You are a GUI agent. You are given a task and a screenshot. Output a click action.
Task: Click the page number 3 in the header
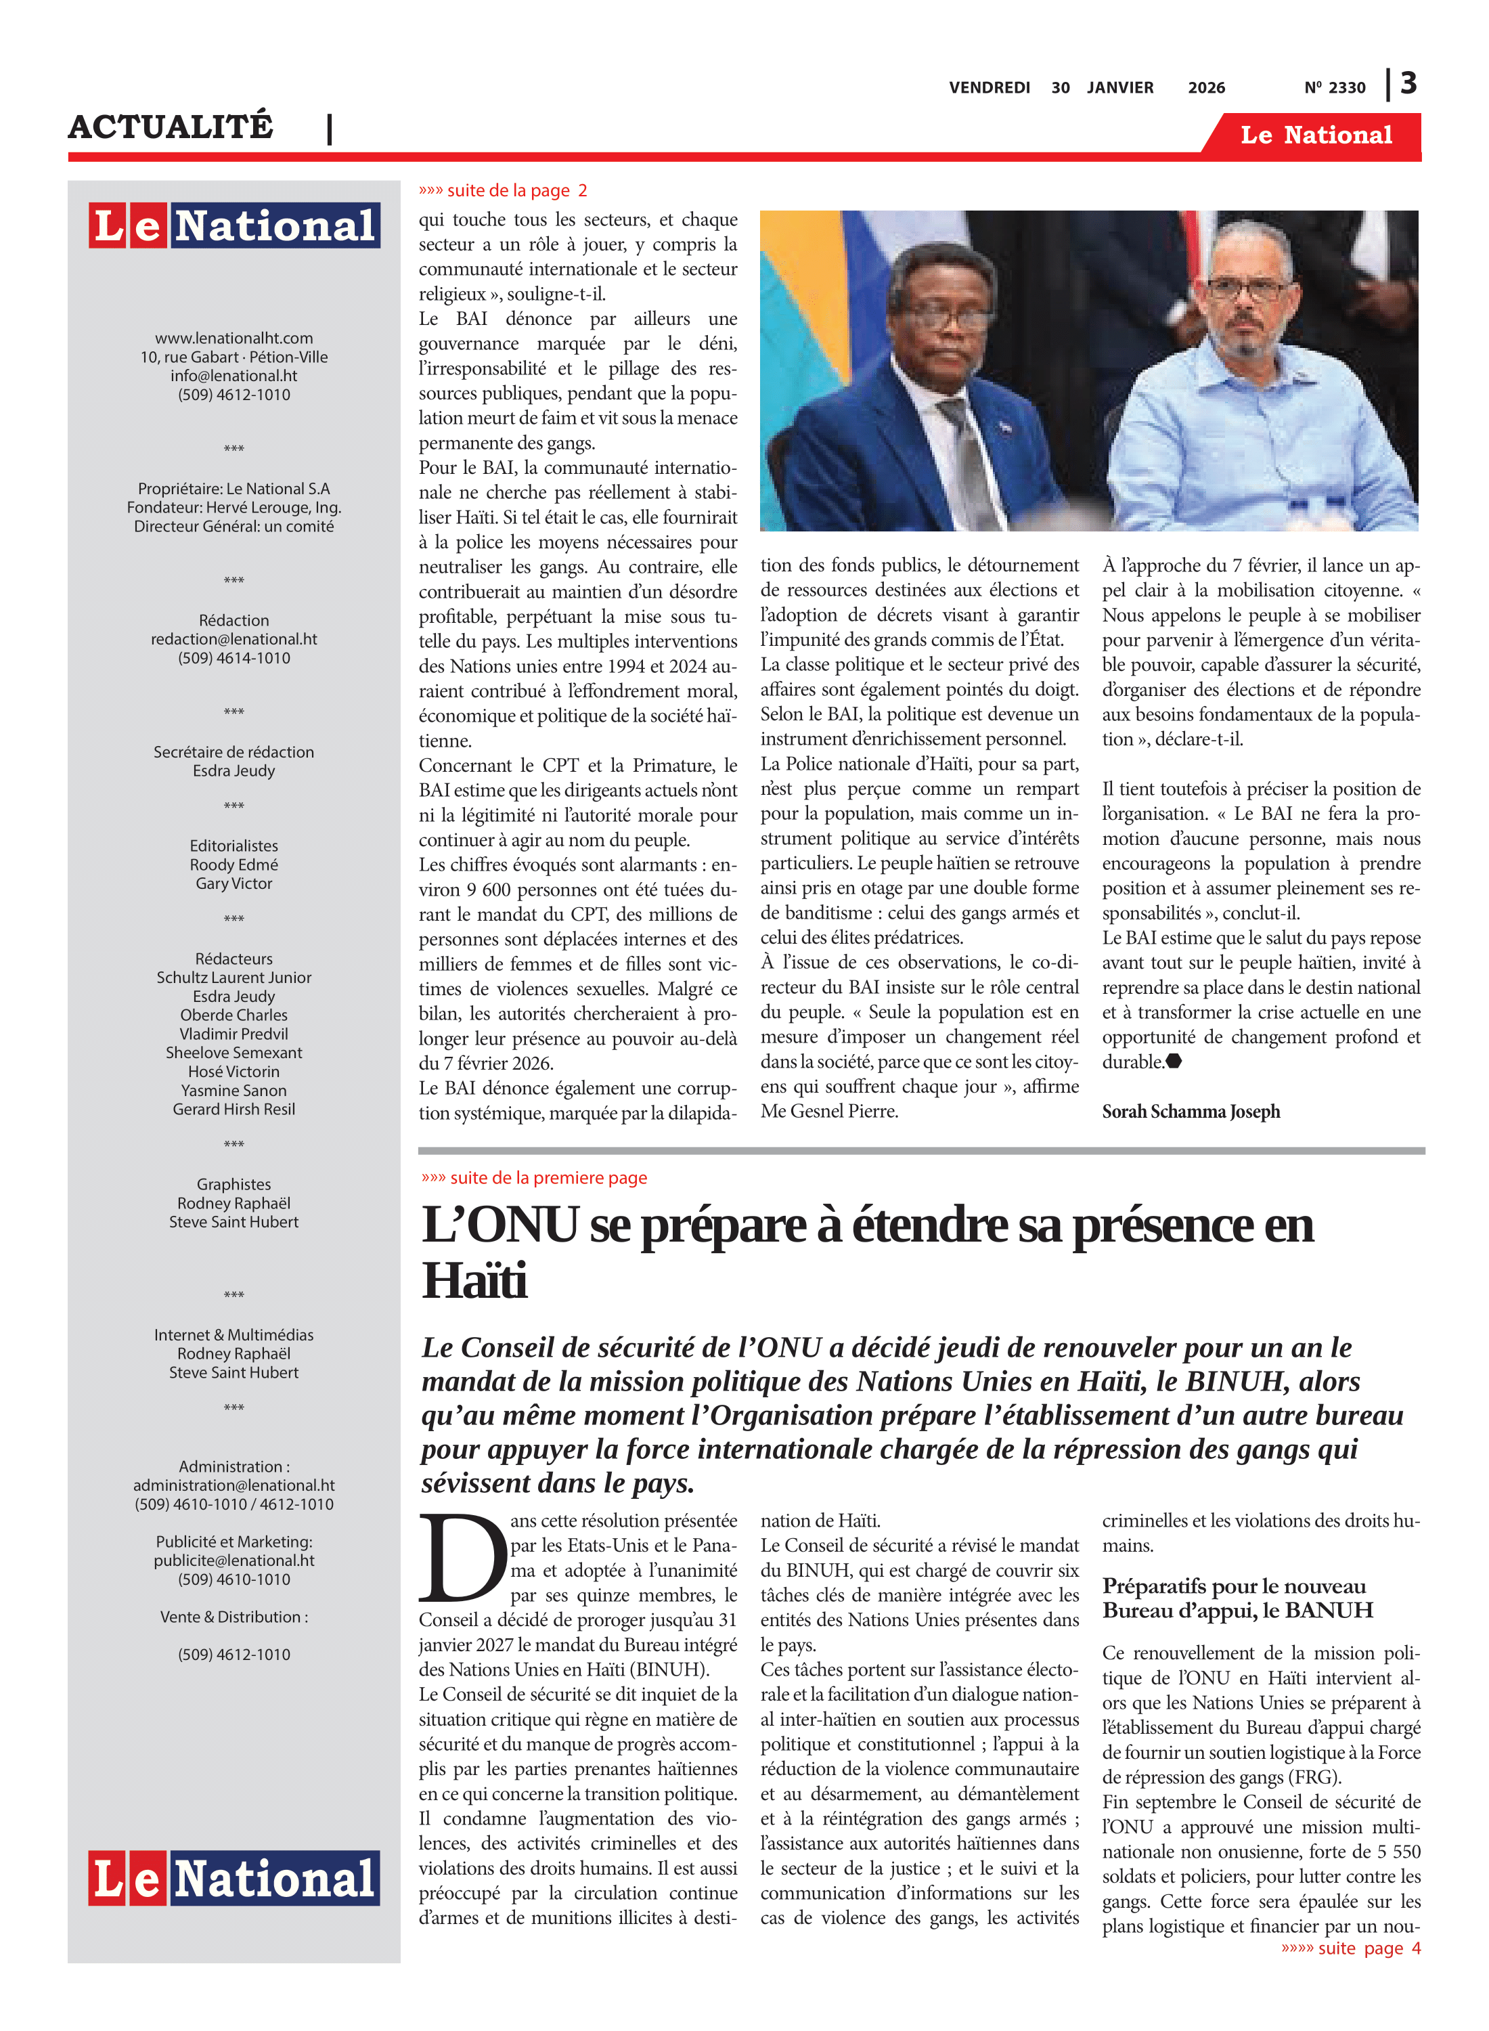coord(1408,84)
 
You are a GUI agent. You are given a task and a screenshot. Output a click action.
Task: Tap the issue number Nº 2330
coord(1334,87)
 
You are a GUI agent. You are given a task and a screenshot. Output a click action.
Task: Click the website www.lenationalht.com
coord(234,338)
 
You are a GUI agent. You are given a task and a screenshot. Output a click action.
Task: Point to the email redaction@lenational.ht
coord(234,639)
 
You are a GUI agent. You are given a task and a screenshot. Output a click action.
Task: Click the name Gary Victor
coord(234,883)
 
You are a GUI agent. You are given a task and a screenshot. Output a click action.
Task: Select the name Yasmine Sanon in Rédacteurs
coord(234,1090)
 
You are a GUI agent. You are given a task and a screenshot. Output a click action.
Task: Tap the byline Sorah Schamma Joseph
coord(1190,1112)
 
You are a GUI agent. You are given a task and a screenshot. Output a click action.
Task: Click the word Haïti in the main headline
coord(475,1281)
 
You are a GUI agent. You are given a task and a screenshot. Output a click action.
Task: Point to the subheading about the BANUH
coord(1237,1598)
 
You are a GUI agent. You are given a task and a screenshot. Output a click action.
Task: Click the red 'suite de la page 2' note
coord(502,190)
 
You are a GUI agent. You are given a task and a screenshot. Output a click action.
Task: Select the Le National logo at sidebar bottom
coord(234,1879)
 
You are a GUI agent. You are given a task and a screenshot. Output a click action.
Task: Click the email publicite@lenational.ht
coord(234,1560)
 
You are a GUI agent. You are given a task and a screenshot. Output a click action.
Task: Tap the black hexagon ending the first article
coord(1174,1061)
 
